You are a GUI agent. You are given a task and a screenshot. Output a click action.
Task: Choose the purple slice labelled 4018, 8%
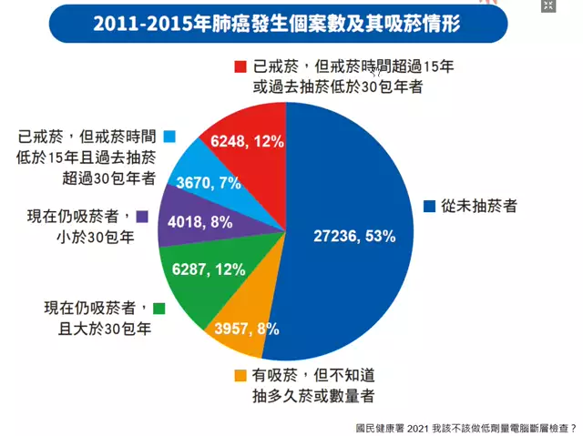click(x=187, y=223)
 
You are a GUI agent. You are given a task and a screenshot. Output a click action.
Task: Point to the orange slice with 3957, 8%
click(x=241, y=323)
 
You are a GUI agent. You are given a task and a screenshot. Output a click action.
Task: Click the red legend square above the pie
click(x=241, y=66)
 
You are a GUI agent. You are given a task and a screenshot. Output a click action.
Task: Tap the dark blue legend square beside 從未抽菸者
click(x=429, y=206)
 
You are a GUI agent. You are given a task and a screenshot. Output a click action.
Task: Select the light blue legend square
click(x=169, y=137)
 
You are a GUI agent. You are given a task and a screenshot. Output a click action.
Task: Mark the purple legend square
click(x=143, y=217)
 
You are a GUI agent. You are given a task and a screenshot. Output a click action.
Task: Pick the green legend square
click(x=160, y=309)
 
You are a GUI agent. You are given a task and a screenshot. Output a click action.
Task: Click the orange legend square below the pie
click(x=240, y=375)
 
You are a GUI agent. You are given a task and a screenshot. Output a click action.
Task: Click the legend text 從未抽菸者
click(x=479, y=206)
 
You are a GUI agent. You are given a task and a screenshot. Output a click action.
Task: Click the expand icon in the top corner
click(x=548, y=6)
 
